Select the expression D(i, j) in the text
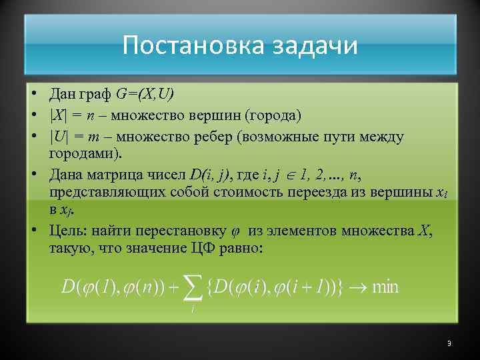pyautogui.click(x=211, y=176)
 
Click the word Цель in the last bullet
pyautogui.click(x=65, y=231)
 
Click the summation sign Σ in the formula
pyautogui.click(x=193, y=288)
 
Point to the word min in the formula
pyautogui.click(x=385, y=287)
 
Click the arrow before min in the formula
pyautogui.click(x=357, y=288)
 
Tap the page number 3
pyautogui.click(x=449, y=343)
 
